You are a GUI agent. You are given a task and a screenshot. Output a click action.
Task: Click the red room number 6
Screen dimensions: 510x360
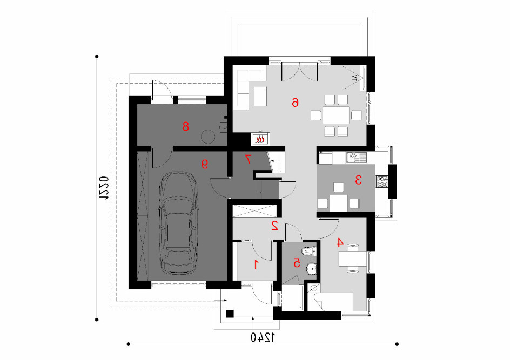(x=295, y=103)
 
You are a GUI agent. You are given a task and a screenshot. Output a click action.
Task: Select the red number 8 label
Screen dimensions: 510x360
(x=186, y=126)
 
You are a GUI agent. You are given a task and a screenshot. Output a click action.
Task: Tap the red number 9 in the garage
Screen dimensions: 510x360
(x=205, y=164)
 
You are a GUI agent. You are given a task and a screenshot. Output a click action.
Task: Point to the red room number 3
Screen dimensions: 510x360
(x=358, y=180)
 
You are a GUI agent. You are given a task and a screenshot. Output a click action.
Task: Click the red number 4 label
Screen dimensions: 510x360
(x=340, y=242)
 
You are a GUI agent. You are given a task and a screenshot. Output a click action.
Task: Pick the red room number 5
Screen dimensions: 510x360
(x=297, y=263)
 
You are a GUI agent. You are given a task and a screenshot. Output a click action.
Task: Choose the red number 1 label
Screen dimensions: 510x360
(x=256, y=264)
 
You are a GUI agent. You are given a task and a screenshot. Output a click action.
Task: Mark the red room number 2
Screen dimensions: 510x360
(x=275, y=226)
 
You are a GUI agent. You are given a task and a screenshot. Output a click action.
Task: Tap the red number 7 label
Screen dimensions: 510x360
(x=248, y=159)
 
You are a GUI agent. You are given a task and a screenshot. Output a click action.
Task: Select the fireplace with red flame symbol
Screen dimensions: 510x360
(x=260, y=139)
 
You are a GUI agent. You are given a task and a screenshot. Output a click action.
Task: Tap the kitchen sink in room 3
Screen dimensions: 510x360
(x=356, y=158)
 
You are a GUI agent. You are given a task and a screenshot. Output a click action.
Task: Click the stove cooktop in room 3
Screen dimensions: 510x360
(x=382, y=182)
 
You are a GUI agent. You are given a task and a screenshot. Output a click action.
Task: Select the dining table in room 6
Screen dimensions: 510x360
(x=336, y=115)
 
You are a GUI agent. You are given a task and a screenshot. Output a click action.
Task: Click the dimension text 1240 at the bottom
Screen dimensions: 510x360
(x=263, y=338)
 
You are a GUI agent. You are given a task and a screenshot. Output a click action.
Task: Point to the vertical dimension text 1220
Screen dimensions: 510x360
(x=103, y=188)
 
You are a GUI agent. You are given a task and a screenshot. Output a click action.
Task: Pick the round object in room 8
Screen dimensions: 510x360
(x=208, y=137)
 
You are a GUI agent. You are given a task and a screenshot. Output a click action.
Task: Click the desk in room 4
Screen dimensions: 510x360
(x=353, y=259)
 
